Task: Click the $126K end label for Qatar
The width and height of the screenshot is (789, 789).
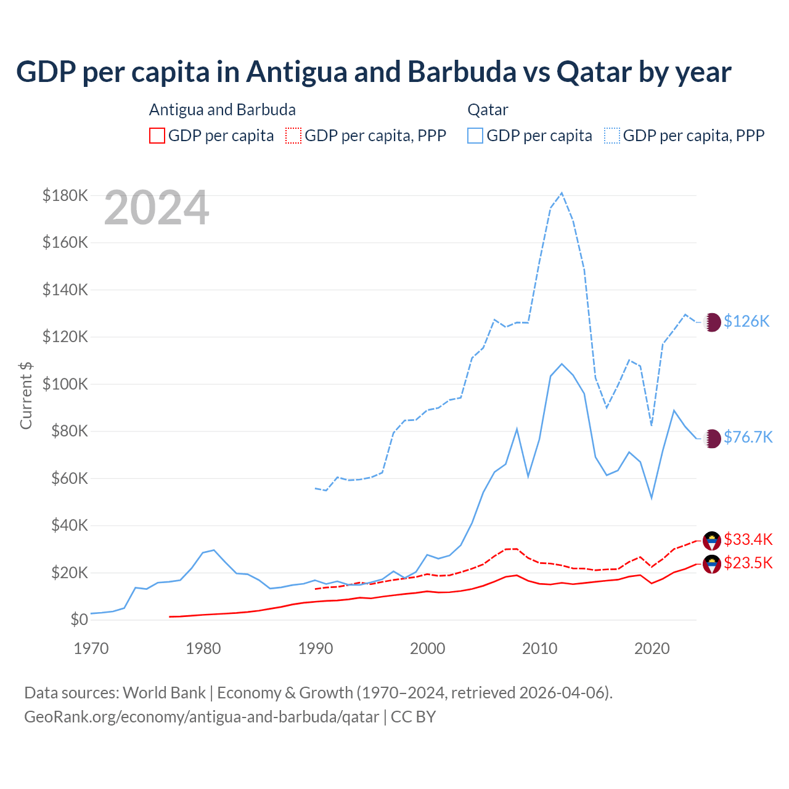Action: pyautogui.click(x=746, y=321)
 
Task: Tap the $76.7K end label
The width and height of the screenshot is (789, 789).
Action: pyautogui.click(x=748, y=437)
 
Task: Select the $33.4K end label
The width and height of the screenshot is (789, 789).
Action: pyautogui.click(x=748, y=539)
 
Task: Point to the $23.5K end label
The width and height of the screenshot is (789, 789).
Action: pyautogui.click(x=748, y=563)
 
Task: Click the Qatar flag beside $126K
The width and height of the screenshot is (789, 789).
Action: pyautogui.click(x=713, y=322)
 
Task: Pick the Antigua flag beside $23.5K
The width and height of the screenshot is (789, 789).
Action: pyautogui.click(x=712, y=564)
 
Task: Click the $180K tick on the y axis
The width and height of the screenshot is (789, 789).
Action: pyautogui.click(x=65, y=195)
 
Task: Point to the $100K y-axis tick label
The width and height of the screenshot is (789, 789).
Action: pyautogui.click(x=65, y=384)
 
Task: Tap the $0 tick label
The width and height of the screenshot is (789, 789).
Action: pyautogui.click(x=79, y=619)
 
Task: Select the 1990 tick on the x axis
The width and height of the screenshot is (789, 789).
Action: pyautogui.click(x=316, y=648)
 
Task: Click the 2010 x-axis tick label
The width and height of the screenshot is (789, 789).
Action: pyautogui.click(x=540, y=648)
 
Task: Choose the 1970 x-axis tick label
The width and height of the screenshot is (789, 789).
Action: pyautogui.click(x=91, y=648)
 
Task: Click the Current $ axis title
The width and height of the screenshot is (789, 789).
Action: pyautogui.click(x=26, y=395)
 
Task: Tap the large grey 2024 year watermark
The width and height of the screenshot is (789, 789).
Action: pyautogui.click(x=157, y=208)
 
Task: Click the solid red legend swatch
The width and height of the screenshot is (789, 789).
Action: pyautogui.click(x=157, y=136)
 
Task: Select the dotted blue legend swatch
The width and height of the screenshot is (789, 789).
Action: pyautogui.click(x=612, y=136)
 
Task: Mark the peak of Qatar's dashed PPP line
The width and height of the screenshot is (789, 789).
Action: pyautogui.click(x=562, y=193)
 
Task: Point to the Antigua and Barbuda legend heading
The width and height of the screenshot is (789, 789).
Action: pyautogui.click(x=223, y=110)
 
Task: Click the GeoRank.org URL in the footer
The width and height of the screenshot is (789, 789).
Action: pyautogui.click(x=202, y=717)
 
